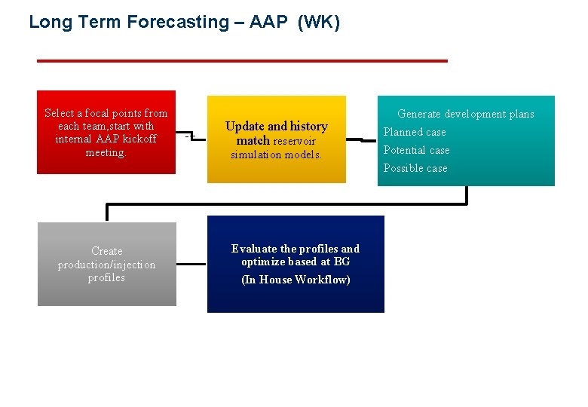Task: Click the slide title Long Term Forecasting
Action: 128,23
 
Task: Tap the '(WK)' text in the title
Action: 319,23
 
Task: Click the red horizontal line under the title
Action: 241,60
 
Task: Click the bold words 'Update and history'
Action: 276,126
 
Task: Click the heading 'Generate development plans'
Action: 465,114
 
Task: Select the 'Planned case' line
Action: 414,132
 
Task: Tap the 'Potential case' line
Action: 416,150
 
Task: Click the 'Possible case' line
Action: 415,168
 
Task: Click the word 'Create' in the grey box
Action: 106,251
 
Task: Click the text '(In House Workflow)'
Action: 296,280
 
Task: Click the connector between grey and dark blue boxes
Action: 191,265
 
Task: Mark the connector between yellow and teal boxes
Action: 362,139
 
